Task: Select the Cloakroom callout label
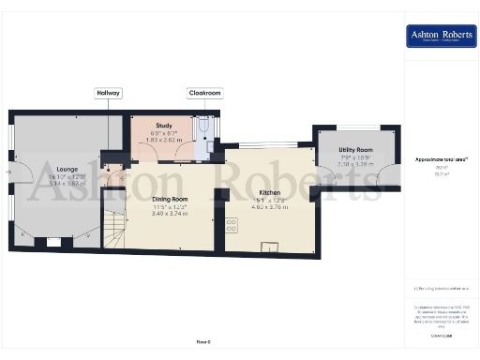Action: tap(203, 94)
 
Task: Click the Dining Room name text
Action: tap(171, 199)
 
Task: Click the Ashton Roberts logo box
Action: tap(440, 37)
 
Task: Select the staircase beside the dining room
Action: tap(113, 229)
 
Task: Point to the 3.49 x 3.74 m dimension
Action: tap(171, 214)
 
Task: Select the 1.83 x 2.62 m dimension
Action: tap(164, 140)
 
